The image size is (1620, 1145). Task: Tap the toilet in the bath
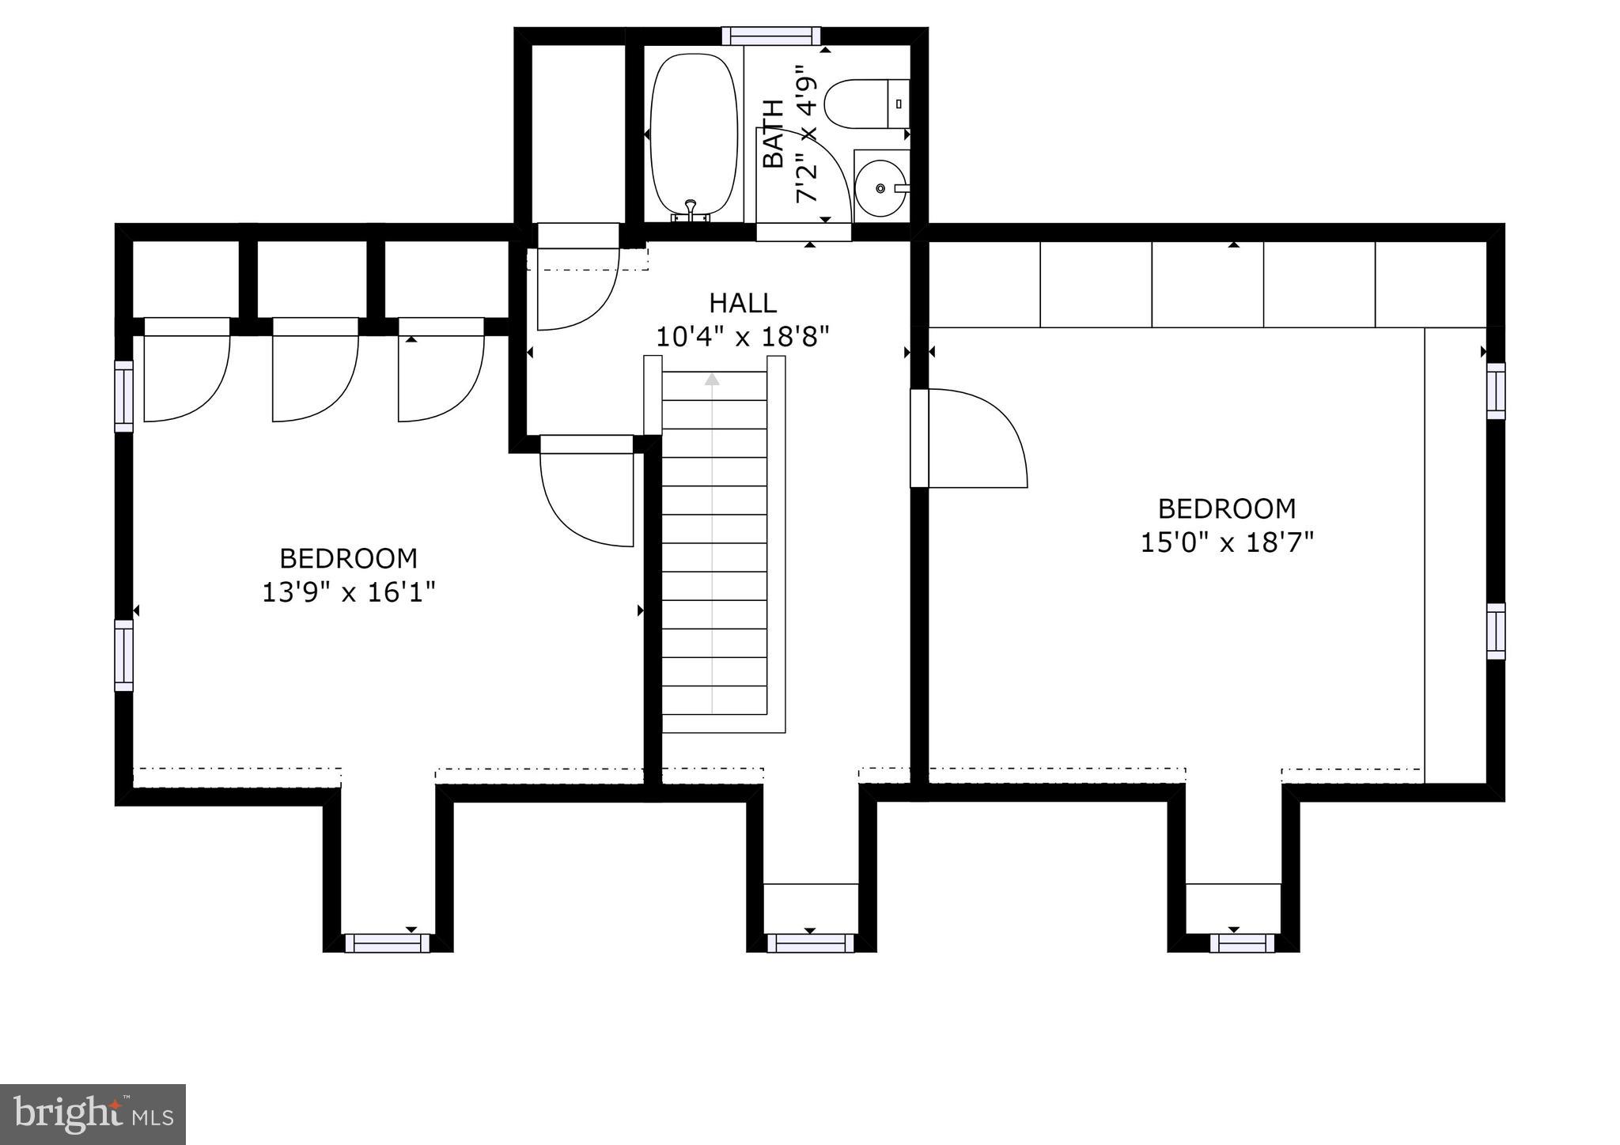[x=867, y=103]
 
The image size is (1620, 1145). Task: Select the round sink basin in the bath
[x=880, y=188]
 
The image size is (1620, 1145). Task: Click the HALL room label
[x=742, y=303]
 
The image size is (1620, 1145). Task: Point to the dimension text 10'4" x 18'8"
[x=742, y=338]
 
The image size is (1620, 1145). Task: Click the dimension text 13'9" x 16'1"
[x=349, y=592]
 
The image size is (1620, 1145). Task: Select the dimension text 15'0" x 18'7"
[x=1227, y=542]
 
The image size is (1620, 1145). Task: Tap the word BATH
[x=773, y=134]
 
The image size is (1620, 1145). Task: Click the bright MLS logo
[x=93, y=1114]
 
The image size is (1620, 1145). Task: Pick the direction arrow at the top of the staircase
[x=713, y=380]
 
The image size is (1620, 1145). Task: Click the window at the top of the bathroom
[x=770, y=36]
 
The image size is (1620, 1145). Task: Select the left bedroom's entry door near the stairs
[x=587, y=491]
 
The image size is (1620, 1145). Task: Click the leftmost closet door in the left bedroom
[x=187, y=370]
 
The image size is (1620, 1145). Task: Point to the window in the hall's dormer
[x=811, y=943]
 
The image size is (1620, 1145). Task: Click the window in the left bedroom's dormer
[x=387, y=943]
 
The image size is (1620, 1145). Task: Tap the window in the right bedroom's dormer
[x=1241, y=943]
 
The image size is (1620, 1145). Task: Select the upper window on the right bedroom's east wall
[x=1495, y=391]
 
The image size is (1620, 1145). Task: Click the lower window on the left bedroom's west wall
[x=124, y=656]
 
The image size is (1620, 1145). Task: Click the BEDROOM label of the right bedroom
[x=1227, y=508]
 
